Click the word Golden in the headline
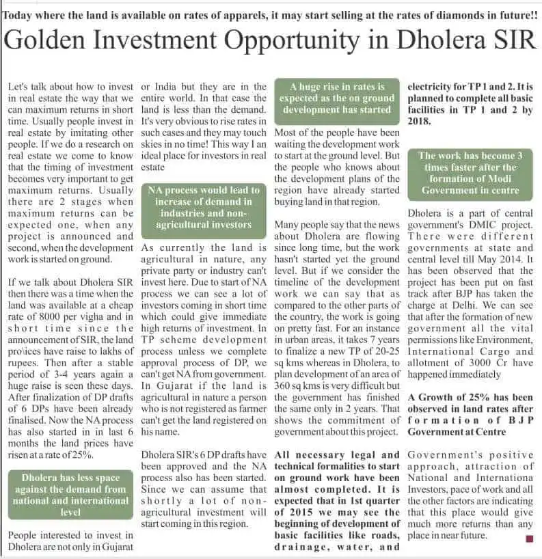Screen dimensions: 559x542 pos(60,41)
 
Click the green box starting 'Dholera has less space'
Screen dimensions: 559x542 pos(70,494)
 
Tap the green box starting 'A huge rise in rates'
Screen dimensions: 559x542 pos(337,98)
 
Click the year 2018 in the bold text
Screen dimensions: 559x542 pos(419,121)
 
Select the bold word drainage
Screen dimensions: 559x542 pos(299,546)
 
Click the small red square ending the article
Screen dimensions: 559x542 pos(528,538)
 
